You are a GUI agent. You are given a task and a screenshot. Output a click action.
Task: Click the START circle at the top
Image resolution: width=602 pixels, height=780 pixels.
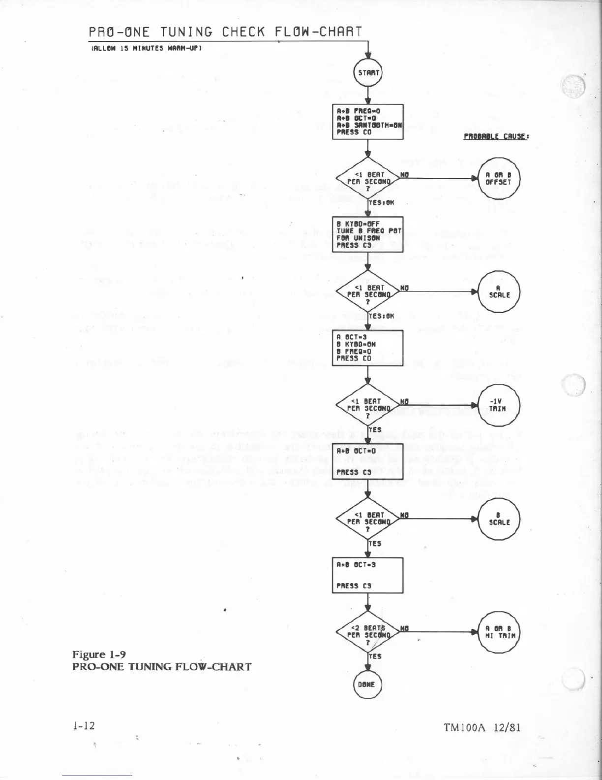pos(368,72)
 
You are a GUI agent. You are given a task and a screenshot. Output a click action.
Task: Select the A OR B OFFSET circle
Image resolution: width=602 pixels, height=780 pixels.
pos(498,178)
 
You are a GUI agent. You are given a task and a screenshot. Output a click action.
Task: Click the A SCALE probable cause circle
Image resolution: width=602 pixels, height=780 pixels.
pos(498,292)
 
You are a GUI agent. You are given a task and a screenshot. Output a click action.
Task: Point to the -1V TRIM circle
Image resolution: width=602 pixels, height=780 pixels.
pos(498,405)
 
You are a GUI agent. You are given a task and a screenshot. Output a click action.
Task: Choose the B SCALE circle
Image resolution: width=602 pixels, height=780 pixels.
pos(498,519)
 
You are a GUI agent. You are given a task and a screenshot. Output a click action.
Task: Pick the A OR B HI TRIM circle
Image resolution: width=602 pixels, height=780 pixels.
pos(498,632)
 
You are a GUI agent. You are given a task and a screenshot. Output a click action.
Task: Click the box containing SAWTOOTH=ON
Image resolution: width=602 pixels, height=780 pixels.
pos(368,122)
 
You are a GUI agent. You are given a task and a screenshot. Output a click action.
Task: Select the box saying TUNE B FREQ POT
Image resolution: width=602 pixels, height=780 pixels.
pos(368,234)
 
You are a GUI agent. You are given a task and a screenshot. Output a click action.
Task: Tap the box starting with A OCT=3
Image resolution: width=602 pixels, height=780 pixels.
pos(368,348)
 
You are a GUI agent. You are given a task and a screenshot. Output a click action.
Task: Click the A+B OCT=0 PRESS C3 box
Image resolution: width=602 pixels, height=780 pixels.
pos(368,461)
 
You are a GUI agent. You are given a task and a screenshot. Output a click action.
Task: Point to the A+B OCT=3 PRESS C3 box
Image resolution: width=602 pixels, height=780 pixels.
pos(368,575)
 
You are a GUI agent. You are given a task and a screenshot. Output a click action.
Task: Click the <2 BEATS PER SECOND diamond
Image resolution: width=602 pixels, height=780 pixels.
pos(367,632)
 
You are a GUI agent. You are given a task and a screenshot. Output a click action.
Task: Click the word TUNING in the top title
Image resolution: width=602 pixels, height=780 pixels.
pos(186,32)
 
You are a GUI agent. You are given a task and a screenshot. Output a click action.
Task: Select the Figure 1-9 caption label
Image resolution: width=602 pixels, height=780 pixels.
pos(99,654)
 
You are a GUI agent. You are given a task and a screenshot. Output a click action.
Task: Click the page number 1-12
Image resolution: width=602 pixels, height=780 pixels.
pos(83,726)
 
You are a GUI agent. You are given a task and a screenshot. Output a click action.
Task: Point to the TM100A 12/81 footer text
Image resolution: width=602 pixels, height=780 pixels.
pos(481,728)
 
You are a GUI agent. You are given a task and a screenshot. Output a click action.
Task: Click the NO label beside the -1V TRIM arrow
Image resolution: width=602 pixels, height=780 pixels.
pos(404,401)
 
